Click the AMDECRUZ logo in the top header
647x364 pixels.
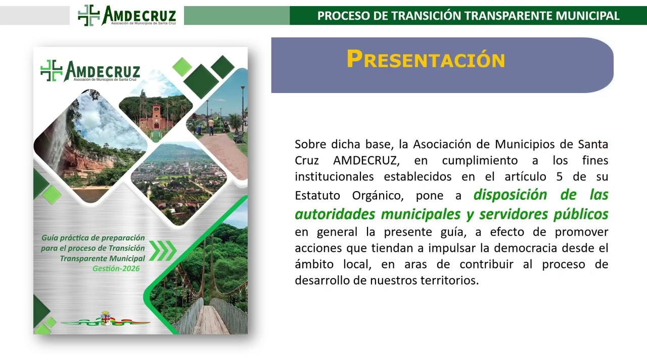coord(126,15)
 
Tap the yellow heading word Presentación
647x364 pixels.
coord(426,60)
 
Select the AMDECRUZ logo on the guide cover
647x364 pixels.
coord(90,71)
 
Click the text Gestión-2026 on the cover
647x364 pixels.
coord(116,268)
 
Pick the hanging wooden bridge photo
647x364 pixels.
coord(212,293)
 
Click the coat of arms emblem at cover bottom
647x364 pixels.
coord(106,319)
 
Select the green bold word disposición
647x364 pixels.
coord(511,195)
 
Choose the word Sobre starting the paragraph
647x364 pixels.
coord(311,144)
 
